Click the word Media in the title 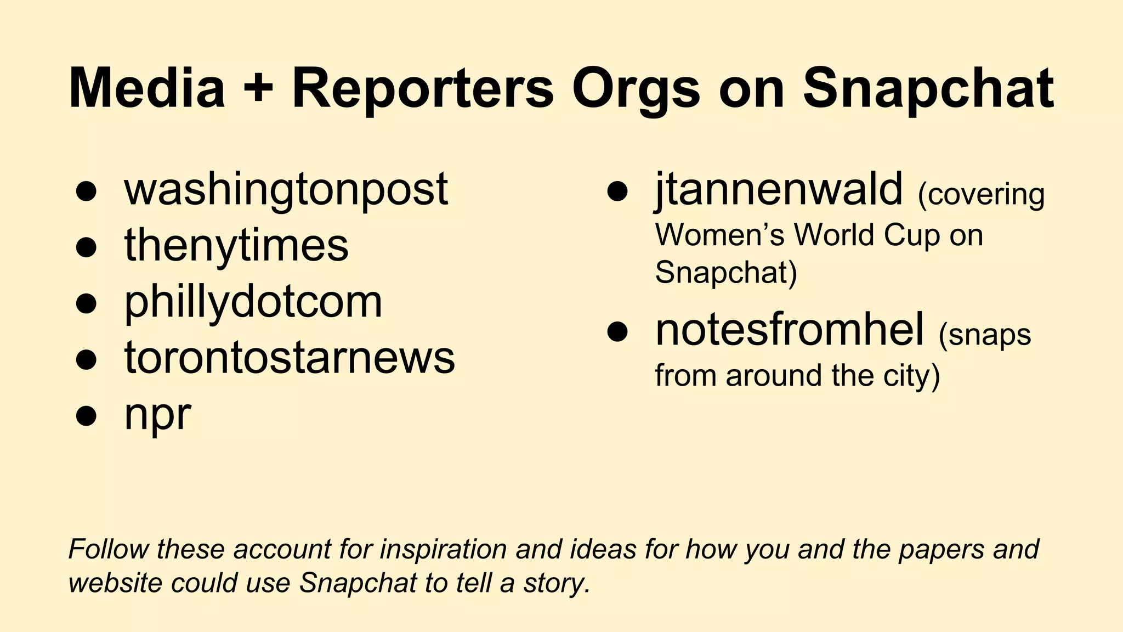tap(147, 88)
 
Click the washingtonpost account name tap(286, 189)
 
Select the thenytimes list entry tap(236, 245)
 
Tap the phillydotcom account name tap(253, 301)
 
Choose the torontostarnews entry tap(290, 358)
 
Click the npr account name tap(158, 415)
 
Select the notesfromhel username tap(790, 330)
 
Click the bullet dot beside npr tap(87, 415)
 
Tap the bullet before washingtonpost tap(87, 191)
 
